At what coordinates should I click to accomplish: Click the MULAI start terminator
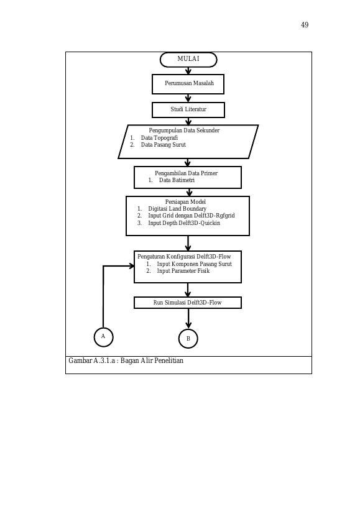188,60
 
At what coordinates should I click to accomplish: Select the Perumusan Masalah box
188,84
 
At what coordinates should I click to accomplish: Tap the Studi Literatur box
188,110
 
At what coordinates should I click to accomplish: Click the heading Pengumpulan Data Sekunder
184,131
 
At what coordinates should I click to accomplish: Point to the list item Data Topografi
159,137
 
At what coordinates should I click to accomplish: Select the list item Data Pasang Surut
164,145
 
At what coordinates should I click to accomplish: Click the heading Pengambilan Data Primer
186,173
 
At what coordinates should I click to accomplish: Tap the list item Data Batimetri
177,180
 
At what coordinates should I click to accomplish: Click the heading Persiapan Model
185,201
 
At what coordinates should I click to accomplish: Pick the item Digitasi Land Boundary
177,209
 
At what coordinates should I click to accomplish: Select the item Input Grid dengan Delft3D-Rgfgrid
192,216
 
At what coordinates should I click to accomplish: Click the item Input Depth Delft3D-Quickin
184,223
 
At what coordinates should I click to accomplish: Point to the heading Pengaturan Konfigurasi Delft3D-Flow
184,257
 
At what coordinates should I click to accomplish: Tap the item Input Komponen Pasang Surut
195,264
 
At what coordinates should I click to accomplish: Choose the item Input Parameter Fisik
183,271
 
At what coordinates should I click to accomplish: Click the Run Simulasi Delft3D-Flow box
188,303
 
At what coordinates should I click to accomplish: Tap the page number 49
305,25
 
